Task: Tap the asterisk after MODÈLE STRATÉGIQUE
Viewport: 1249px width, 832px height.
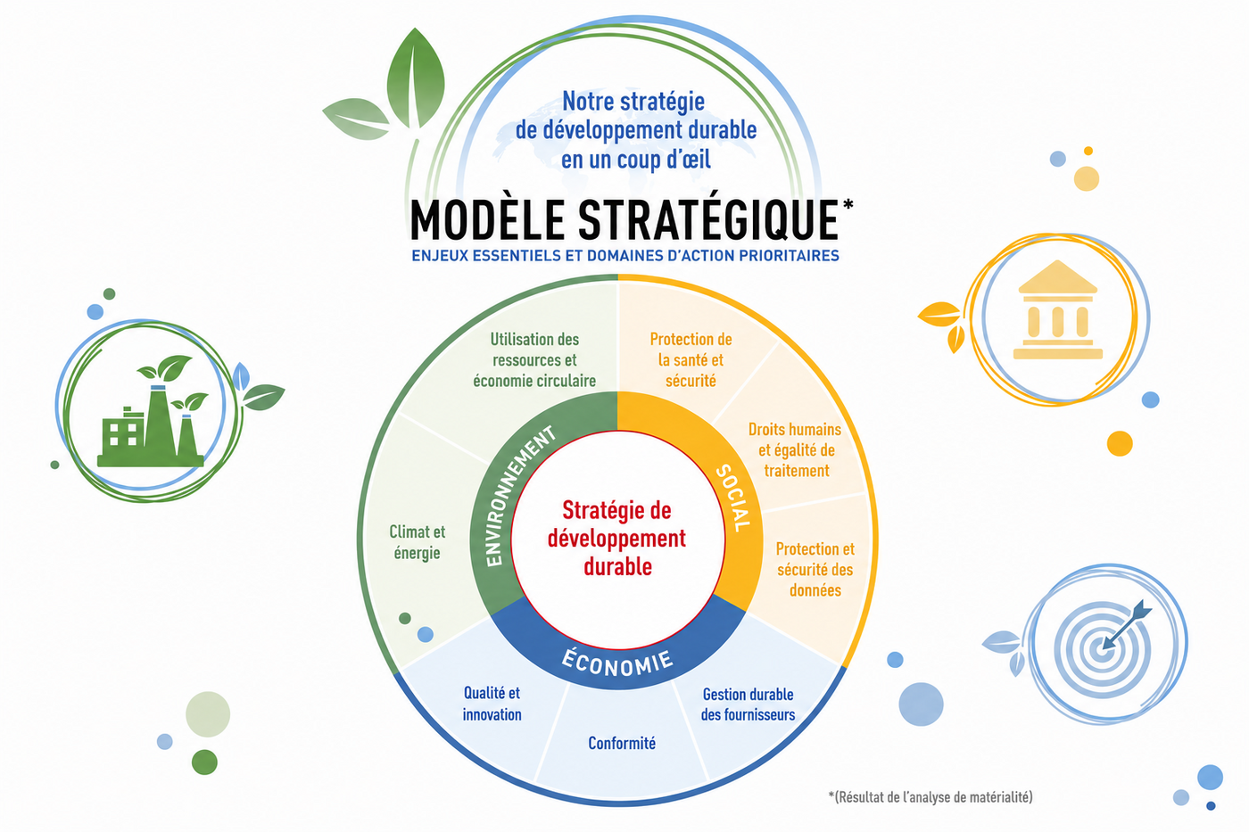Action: click(848, 204)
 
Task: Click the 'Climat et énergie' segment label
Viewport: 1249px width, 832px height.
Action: click(418, 542)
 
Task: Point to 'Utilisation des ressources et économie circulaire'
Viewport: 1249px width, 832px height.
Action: click(534, 360)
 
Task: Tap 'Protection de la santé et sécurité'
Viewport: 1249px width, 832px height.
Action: click(691, 360)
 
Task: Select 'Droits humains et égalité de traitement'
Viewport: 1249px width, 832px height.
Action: click(795, 449)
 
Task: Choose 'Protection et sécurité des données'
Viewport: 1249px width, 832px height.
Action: click(815, 570)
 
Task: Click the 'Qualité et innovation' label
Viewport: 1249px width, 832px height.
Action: click(492, 704)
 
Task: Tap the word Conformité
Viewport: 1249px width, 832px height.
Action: click(622, 744)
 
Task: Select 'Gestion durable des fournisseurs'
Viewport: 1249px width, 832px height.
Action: click(748, 704)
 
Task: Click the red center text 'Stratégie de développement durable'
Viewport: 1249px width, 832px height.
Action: click(616, 539)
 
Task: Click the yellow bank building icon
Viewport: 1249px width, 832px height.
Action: click(1058, 309)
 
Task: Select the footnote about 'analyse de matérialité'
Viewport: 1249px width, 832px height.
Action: click(931, 797)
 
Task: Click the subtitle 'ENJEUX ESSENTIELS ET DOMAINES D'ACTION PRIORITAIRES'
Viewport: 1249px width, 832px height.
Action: click(625, 256)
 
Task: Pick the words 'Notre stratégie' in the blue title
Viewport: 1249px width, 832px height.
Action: click(633, 102)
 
